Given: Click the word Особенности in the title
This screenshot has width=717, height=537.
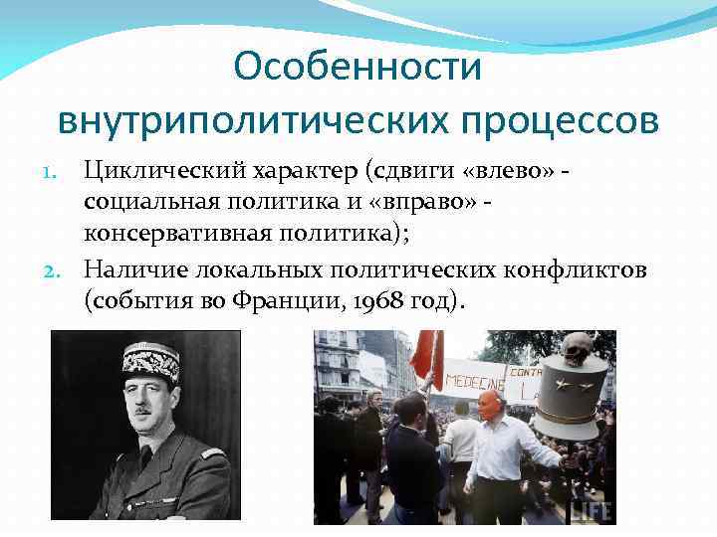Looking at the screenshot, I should coord(358,68).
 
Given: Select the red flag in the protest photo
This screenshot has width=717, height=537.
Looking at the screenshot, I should coord(424,357).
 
